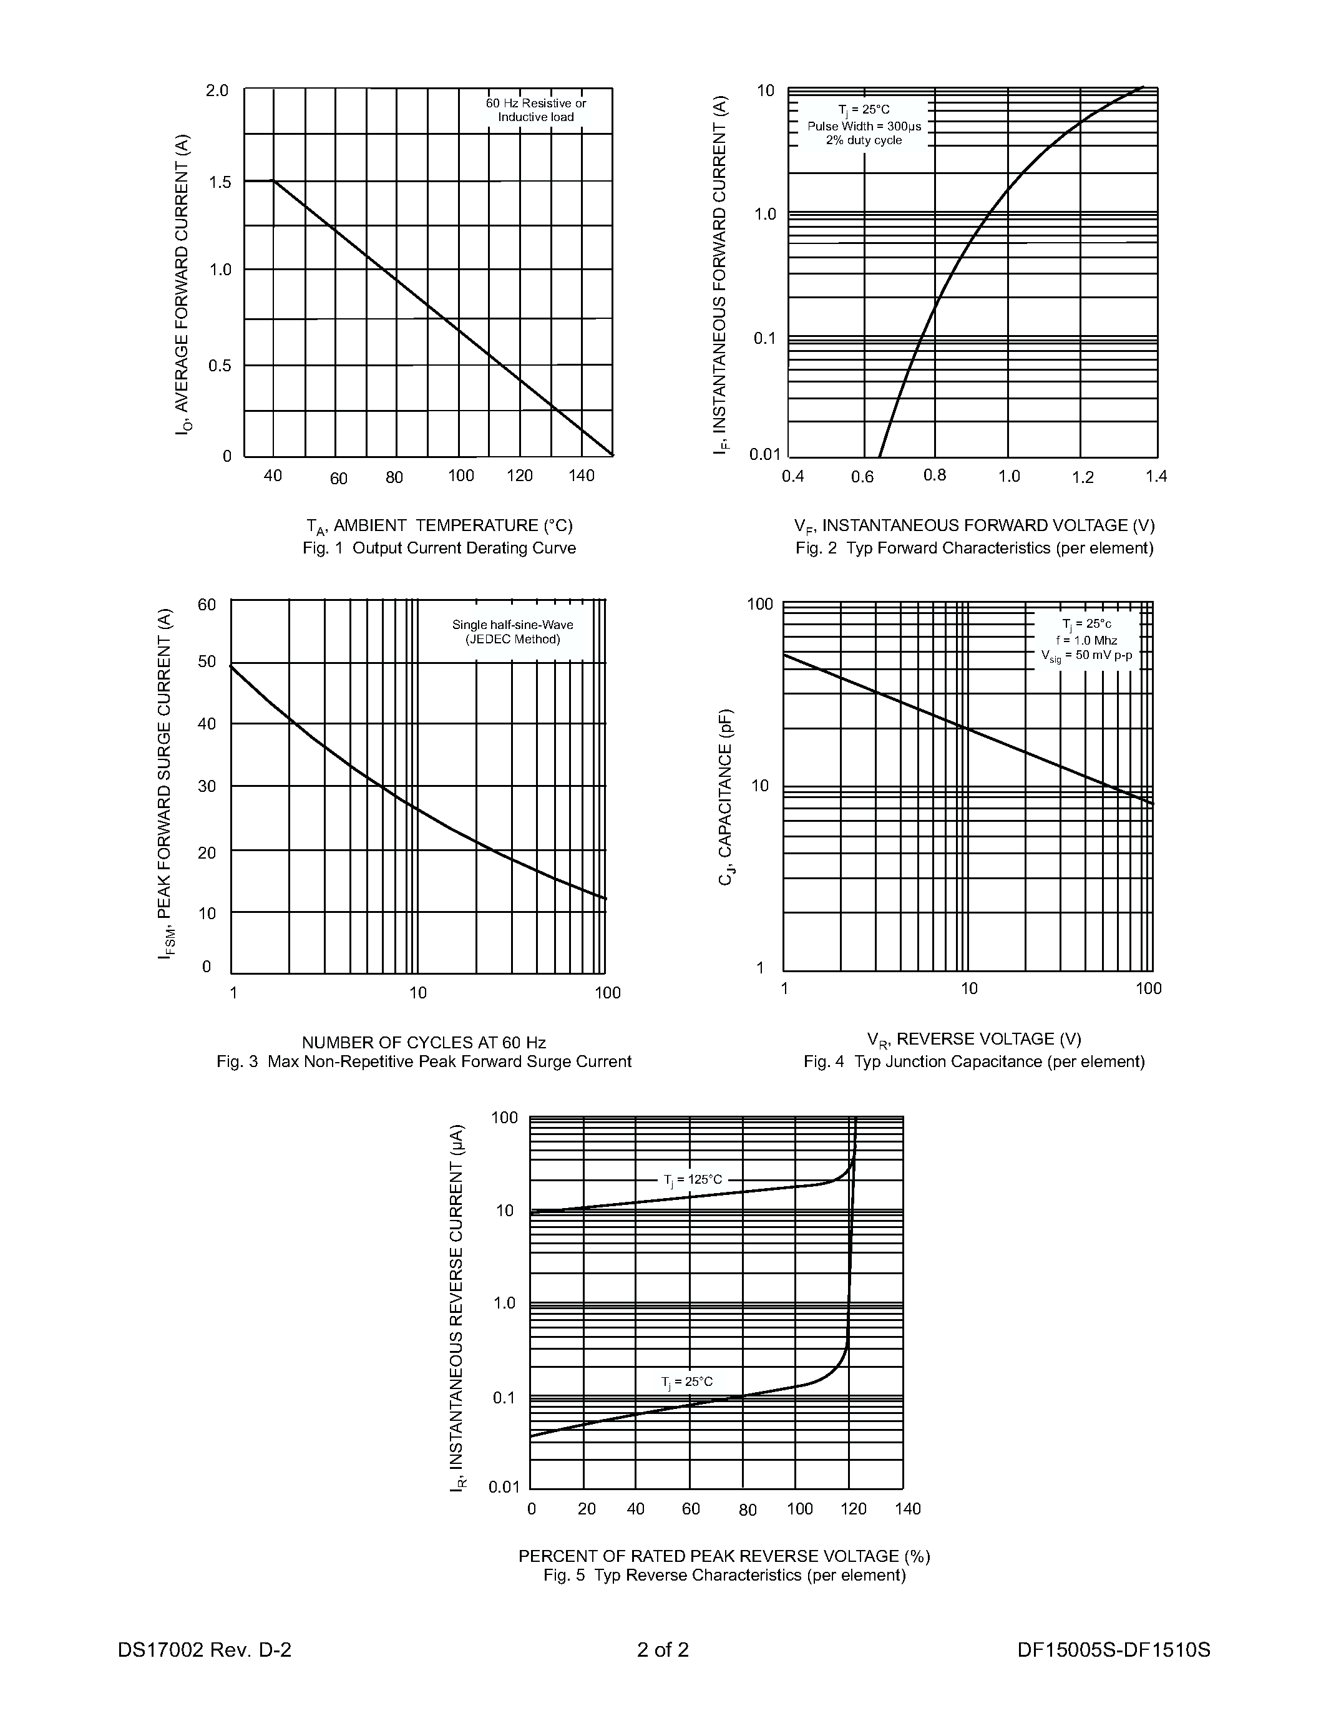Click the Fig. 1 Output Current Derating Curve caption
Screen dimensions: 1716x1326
439,548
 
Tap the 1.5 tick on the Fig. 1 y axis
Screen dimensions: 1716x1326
219,182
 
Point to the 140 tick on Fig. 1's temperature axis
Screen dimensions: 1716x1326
582,475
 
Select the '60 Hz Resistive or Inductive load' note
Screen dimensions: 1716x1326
536,110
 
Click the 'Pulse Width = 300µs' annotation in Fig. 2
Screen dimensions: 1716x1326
864,125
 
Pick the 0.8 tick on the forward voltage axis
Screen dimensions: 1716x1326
935,475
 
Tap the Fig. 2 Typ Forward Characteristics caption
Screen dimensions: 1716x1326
974,548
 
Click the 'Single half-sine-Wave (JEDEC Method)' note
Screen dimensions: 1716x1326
512,631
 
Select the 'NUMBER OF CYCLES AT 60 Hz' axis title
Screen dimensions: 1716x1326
424,1043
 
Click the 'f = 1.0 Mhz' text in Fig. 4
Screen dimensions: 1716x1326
1086,640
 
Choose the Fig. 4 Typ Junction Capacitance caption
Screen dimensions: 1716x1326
974,1061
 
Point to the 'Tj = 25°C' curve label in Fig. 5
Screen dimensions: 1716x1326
688,1382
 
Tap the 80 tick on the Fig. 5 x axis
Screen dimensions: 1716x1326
748,1510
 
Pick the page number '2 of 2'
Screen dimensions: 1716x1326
663,1649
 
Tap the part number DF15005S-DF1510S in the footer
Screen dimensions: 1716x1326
1113,1649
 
